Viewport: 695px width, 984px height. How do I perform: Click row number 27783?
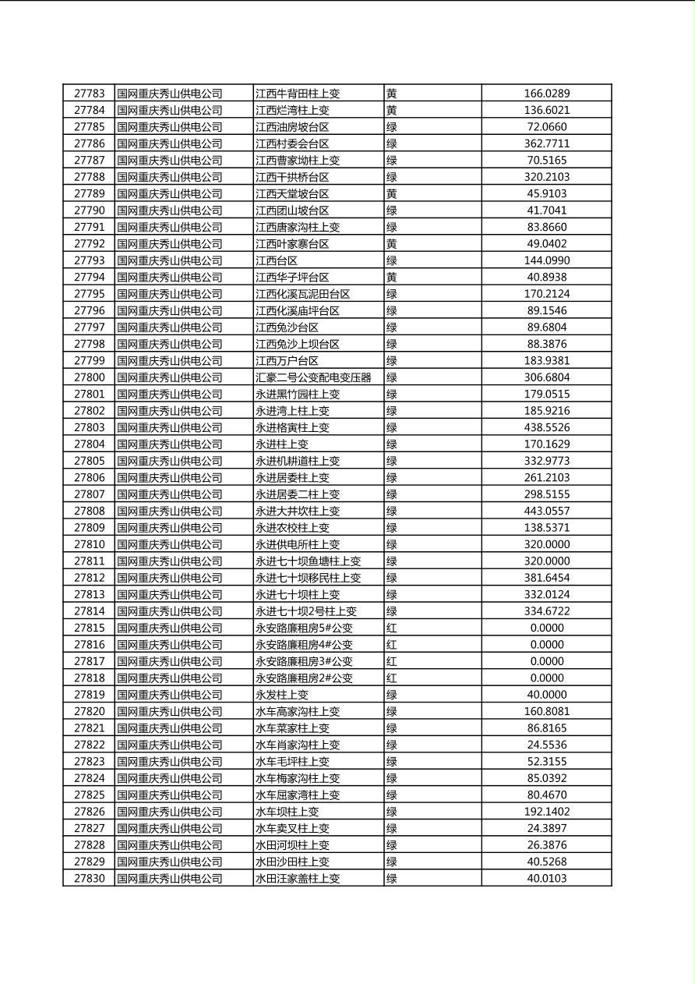(x=89, y=94)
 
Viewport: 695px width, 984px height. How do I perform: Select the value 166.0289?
(x=546, y=94)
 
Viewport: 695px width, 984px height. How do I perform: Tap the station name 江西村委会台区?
(x=292, y=143)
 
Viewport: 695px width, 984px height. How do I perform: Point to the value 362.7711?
(x=546, y=143)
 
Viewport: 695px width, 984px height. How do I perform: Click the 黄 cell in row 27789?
(x=391, y=193)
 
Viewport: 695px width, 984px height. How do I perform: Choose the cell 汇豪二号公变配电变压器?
(x=313, y=377)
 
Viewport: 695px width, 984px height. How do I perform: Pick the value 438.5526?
(x=546, y=427)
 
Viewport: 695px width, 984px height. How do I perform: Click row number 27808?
(x=89, y=511)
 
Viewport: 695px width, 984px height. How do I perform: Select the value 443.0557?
(x=546, y=511)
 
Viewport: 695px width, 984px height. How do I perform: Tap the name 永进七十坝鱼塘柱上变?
(x=308, y=561)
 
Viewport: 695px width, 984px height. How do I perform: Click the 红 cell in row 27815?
(x=391, y=628)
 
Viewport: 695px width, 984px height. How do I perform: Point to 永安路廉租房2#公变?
(x=304, y=678)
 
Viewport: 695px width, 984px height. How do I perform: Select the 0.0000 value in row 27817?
(x=546, y=661)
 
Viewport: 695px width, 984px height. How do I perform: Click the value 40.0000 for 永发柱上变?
(x=546, y=695)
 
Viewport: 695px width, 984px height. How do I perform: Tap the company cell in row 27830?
(x=169, y=879)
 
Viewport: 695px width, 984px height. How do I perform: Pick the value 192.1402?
(x=546, y=812)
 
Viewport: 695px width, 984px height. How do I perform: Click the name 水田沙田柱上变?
(x=292, y=862)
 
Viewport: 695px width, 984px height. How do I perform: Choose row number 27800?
(x=89, y=377)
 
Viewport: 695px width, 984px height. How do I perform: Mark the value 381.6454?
(x=546, y=578)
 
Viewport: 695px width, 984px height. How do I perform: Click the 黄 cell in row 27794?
(x=391, y=277)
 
